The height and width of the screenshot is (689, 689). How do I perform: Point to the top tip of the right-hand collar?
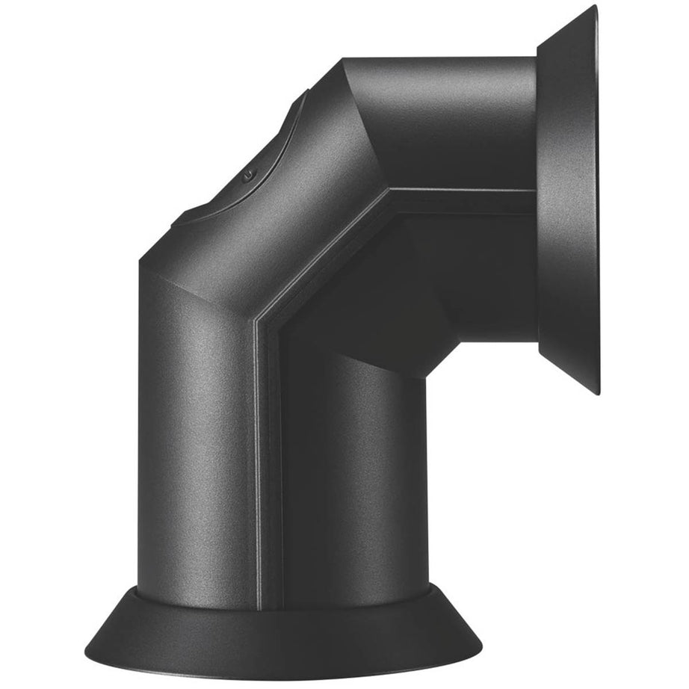[x=595, y=7]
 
